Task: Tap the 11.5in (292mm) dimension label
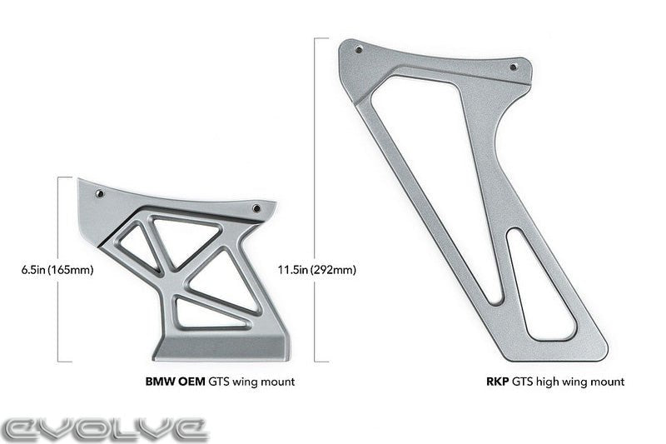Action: [316, 270]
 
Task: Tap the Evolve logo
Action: [104, 428]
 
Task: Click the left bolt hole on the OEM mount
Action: [100, 193]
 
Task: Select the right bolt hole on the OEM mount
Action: [256, 208]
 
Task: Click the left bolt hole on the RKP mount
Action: [359, 50]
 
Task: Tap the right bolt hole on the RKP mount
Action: [513, 65]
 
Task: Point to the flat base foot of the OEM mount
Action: [221, 347]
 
